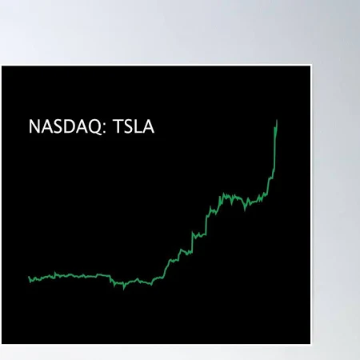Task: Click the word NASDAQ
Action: [62, 127]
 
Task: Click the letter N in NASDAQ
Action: [33, 127]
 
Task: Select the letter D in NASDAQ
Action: [68, 127]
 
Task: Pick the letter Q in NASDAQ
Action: [91, 127]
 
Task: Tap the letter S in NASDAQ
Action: [56, 127]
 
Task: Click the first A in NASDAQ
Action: [45, 127]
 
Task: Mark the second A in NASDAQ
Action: [79, 127]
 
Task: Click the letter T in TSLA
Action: [113, 127]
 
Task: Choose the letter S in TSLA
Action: [123, 127]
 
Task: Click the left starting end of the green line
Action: [28, 277]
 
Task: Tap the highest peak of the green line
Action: [277, 120]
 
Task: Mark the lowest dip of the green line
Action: [123, 287]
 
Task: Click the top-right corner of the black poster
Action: [310, 66]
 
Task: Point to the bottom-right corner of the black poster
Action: [310, 343]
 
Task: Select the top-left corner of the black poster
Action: [2, 66]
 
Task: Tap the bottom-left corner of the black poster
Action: [2, 343]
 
